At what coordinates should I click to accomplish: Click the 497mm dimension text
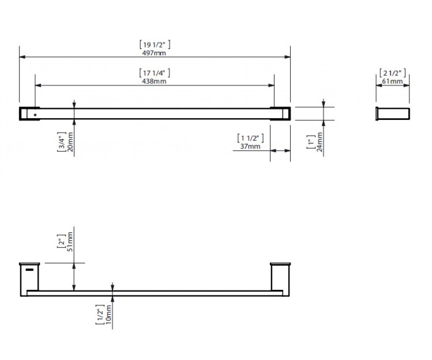click(154, 53)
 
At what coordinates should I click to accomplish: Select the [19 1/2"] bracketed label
click(155, 45)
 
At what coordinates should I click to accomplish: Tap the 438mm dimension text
click(154, 81)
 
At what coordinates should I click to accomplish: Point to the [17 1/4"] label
click(154, 73)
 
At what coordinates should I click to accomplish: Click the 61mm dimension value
click(392, 81)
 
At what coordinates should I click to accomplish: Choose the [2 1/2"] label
click(393, 73)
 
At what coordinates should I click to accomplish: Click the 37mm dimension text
click(250, 146)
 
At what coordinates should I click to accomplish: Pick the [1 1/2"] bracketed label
click(251, 138)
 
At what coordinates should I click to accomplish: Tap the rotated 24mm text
click(319, 142)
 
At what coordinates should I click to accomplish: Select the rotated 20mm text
click(70, 142)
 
